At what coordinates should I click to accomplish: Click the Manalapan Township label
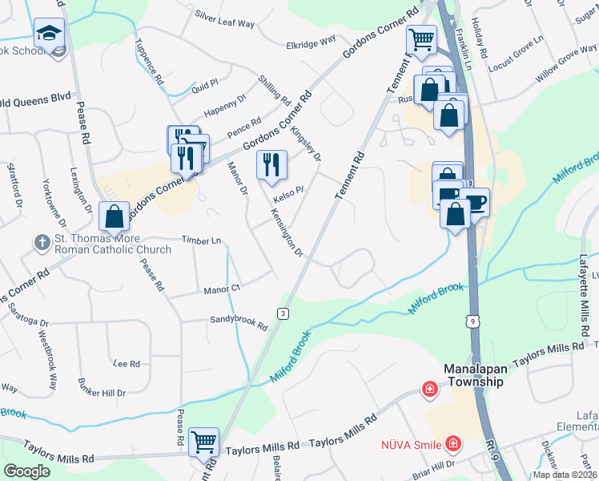tap(474, 375)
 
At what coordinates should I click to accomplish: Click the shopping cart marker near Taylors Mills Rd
tap(203, 440)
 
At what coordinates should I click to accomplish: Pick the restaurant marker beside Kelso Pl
tap(271, 165)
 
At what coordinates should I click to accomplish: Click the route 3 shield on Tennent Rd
tap(283, 313)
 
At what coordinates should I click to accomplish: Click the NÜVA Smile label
tap(413, 443)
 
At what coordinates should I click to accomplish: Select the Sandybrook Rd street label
tap(238, 323)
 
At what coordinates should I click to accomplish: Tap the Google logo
tap(26, 471)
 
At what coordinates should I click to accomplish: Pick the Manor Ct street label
tap(222, 289)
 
